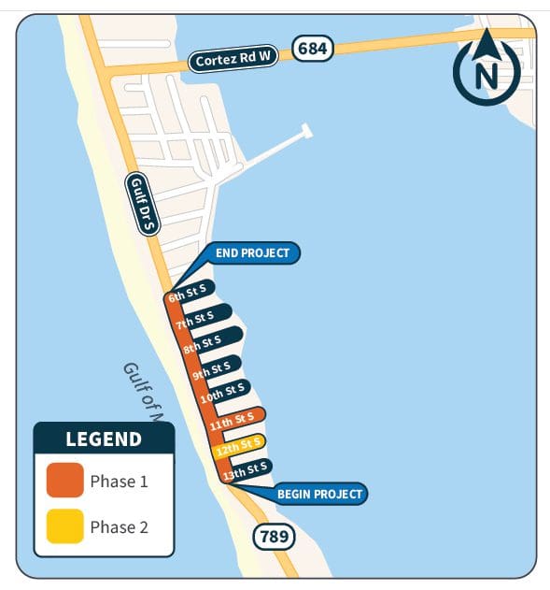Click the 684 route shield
point(313,48)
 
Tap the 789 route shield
point(274,537)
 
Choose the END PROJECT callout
point(253,253)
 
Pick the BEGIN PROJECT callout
point(319,494)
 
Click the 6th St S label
point(192,292)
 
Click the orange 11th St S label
point(233,421)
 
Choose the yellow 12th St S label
point(238,445)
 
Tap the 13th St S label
point(246,469)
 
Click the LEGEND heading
point(104,439)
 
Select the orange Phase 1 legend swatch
point(64,482)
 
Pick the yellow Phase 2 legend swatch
point(64,526)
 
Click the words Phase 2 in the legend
point(119,527)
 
